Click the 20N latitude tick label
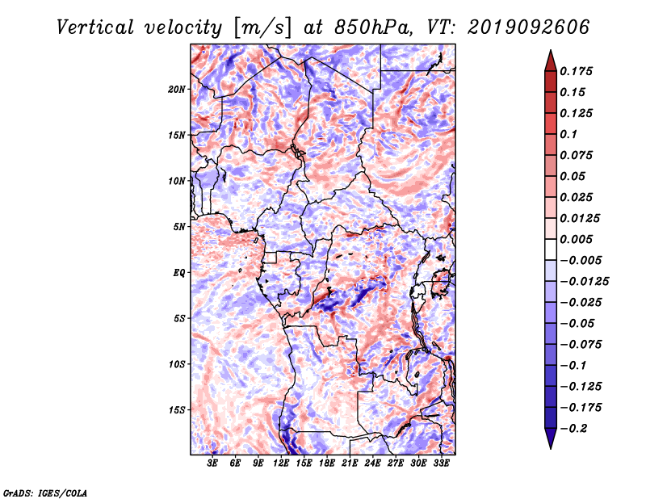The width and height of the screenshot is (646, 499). point(177,90)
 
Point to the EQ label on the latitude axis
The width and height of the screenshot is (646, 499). point(178,273)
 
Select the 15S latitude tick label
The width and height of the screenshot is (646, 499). point(177,410)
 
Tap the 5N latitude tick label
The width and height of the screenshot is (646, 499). point(179,227)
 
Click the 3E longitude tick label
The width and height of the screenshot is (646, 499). point(212,463)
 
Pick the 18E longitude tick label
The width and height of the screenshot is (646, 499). point(326,463)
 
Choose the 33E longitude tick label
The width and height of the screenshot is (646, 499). point(441,463)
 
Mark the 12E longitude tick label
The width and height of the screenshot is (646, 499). point(280,463)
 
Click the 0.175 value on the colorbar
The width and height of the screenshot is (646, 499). point(576,71)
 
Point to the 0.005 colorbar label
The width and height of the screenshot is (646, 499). point(576,239)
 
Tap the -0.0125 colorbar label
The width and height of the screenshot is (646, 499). point(584,282)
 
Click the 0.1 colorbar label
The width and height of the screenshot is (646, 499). point(568,134)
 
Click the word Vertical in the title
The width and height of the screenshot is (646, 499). point(95,27)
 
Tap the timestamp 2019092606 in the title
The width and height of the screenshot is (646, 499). point(529,27)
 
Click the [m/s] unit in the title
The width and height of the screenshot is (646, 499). point(262,28)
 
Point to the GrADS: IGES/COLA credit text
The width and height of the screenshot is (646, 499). point(45,493)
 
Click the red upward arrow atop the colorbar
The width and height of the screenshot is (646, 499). point(551,61)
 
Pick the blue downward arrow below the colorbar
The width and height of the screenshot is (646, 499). point(551,438)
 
